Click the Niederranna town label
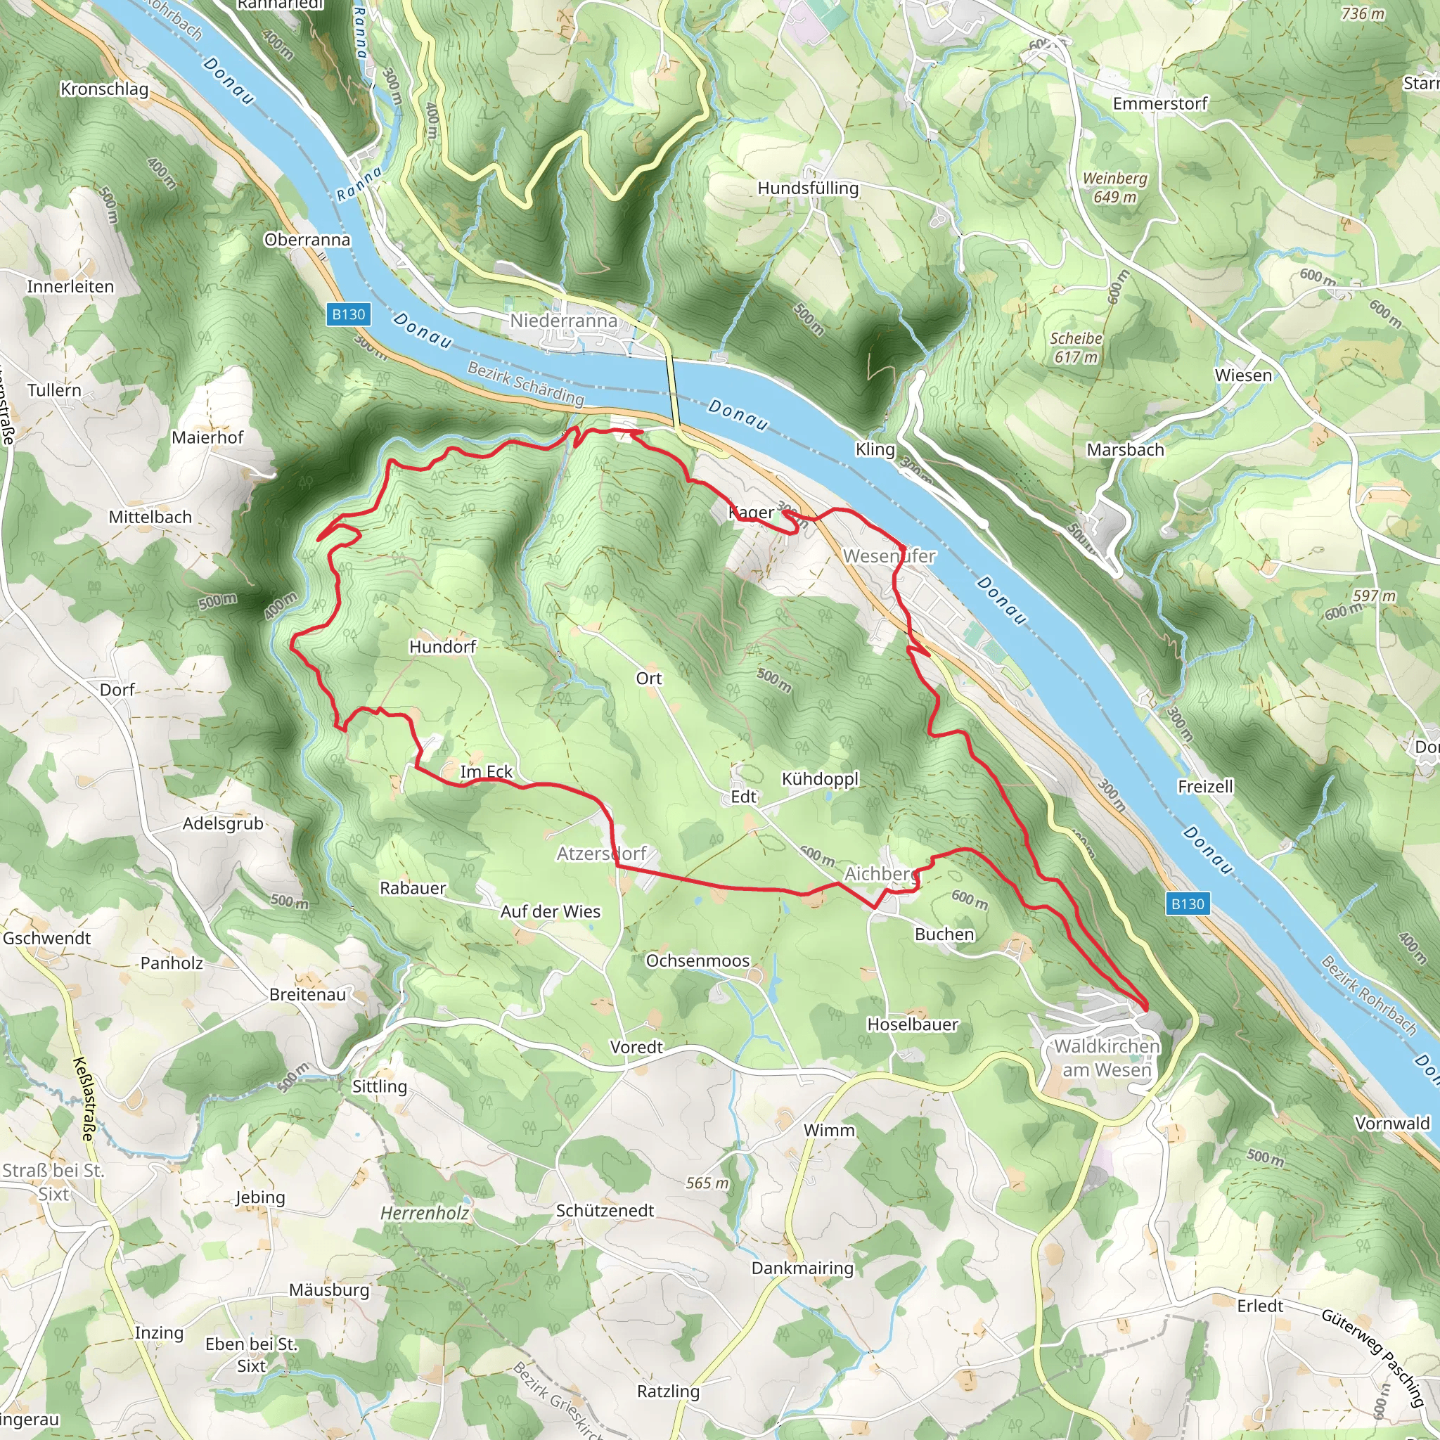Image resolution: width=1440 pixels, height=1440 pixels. point(563,321)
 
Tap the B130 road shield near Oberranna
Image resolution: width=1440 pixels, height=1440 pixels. point(348,314)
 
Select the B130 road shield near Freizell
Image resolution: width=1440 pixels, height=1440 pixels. point(1188,904)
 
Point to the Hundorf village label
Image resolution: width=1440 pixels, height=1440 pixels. point(442,647)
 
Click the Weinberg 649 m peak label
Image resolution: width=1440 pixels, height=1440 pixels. point(1115,187)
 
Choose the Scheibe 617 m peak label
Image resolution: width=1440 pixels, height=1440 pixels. point(1076,347)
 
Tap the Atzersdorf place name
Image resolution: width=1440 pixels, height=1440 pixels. point(601,854)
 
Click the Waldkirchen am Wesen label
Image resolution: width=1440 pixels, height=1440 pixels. point(1107,1057)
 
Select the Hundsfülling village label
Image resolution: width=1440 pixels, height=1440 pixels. point(808,188)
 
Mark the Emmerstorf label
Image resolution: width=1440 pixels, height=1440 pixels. point(1159,103)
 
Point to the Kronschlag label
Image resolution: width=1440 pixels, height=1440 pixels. point(104,89)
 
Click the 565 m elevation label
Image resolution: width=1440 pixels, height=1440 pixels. point(707,1183)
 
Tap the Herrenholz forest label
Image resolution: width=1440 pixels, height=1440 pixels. point(425,1214)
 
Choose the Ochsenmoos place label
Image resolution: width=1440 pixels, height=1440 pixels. point(697,960)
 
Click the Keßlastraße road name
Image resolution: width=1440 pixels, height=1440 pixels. point(84,1099)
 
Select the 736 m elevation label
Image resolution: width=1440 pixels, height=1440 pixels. point(1363,13)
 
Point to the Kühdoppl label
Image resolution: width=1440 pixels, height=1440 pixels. point(820,779)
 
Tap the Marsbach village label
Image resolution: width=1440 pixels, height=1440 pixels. point(1126,449)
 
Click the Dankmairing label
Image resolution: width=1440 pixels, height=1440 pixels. point(802,1268)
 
